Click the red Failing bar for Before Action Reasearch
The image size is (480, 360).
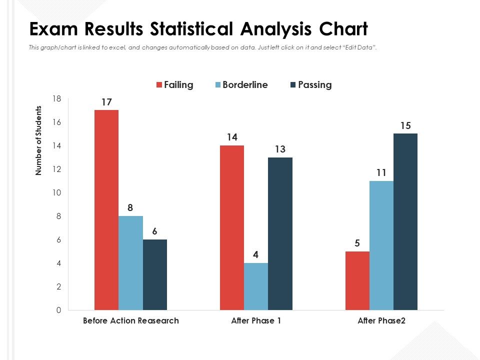coord(106,210)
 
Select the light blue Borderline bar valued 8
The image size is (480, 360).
coord(130,263)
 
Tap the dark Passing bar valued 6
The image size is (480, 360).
coord(155,274)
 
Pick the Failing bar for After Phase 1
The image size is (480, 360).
coord(232,227)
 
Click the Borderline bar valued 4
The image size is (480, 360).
coord(256,286)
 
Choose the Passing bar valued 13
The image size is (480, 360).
coord(280,233)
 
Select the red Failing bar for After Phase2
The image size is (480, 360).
coord(357,280)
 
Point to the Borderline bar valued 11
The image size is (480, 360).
coord(381,245)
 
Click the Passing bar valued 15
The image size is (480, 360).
coord(405,221)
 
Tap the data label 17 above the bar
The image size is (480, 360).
coord(106,102)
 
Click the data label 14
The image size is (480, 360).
coord(232,137)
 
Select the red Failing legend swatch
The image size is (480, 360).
coord(159,85)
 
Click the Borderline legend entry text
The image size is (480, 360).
coord(245,85)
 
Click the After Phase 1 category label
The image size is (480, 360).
coord(256,321)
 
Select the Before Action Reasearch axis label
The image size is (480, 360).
coord(130,321)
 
